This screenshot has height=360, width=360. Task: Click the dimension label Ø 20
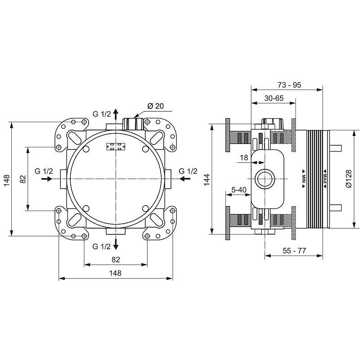click(155, 106)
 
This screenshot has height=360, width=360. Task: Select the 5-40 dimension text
click(238, 190)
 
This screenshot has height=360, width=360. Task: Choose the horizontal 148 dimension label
click(116, 273)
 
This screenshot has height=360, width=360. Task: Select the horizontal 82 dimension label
click(116, 259)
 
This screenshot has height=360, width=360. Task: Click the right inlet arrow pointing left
click(184, 179)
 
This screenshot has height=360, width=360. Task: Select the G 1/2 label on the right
click(188, 171)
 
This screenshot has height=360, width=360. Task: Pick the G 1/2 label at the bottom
click(102, 246)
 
